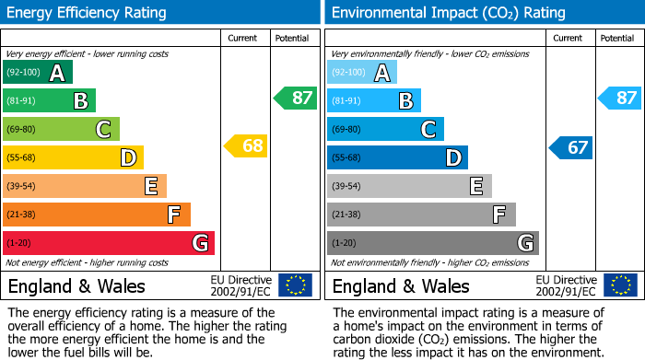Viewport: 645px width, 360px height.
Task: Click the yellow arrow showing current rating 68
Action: pos(246,145)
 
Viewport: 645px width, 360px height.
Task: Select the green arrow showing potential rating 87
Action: pos(295,98)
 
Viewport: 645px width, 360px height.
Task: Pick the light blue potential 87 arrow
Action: pos(620,98)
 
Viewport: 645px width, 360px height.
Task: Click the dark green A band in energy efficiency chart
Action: pos(38,73)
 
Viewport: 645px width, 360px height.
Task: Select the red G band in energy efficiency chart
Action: pos(109,243)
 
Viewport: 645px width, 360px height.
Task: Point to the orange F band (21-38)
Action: pos(97,215)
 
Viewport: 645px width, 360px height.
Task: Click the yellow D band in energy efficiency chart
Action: pos(74,158)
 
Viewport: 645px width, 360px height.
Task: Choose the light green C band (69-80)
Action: pos(62,130)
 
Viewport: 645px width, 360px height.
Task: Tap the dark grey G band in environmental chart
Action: pos(433,243)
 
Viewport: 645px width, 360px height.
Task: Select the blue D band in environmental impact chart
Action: pos(397,158)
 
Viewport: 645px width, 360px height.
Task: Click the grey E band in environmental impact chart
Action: pos(409,186)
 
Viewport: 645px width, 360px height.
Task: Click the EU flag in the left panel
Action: pos(295,285)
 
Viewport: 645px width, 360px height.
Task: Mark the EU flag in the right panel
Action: pos(620,285)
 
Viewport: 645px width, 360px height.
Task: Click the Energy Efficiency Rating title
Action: pos(88,13)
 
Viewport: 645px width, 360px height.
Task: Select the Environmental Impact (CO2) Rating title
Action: pos(448,13)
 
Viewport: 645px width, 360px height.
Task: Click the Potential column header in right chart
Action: pos(617,38)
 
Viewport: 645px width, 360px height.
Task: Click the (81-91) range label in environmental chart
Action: pos(347,101)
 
